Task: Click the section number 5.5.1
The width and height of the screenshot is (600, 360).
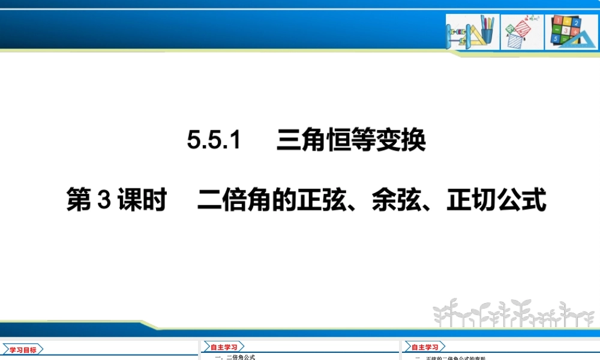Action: click(214, 141)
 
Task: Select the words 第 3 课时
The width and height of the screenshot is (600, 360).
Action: click(115, 201)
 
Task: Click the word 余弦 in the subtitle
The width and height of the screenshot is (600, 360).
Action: click(396, 201)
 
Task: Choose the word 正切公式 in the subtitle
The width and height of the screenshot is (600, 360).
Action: click(496, 201)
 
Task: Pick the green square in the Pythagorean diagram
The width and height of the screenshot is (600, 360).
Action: click(511, 28)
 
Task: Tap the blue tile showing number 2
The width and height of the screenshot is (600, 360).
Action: click(575, 23)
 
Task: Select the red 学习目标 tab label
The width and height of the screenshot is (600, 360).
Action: click(23, 350)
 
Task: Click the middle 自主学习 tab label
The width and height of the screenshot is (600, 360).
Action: click(224, 347)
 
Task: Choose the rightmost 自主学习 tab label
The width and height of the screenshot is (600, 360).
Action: click(424, 347)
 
